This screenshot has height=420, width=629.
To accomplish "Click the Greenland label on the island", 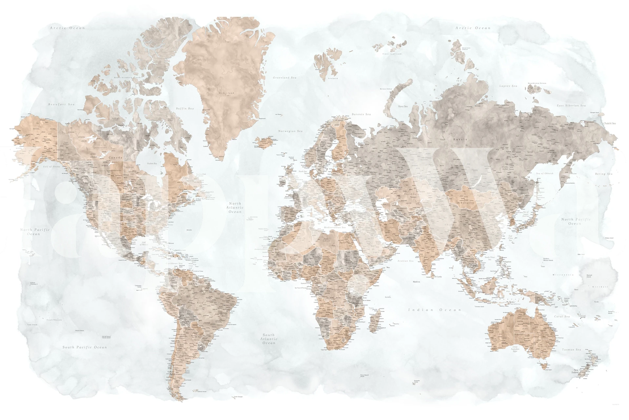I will (226, 93).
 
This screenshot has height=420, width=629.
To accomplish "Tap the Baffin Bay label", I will (185, 108).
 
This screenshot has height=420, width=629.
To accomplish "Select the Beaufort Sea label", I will (61, 104).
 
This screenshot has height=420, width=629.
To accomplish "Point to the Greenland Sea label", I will (285, 78).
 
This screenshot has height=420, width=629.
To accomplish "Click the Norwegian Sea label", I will (290, 131).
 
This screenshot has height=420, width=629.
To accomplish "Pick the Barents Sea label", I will (361, 114).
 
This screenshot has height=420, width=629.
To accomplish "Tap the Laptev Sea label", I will (508, 86).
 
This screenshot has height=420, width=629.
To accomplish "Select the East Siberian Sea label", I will (571, 106).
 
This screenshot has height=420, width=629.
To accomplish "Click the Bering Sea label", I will (604, 174).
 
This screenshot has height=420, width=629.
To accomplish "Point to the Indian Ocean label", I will (435, 310).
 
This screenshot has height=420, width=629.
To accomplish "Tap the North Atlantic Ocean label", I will (235, 208).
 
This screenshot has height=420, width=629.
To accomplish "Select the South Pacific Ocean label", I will (85, 347).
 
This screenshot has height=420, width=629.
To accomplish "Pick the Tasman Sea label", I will (571, 350).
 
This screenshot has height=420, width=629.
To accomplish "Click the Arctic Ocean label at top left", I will (67, 28).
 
